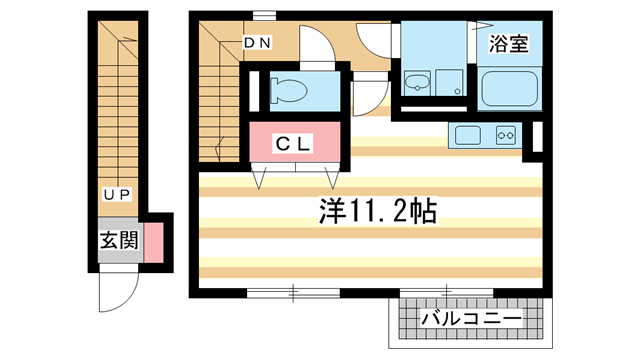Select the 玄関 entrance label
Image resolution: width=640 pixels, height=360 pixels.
tap(118, 241)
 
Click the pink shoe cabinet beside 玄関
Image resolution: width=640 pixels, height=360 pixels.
tap(153, 243)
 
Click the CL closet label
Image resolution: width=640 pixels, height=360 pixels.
tap(296, 143)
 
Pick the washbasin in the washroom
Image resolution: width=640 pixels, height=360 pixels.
tap(416, 82)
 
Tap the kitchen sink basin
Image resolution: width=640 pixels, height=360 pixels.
tap(467, 135)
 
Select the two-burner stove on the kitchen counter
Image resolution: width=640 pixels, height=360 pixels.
tap(503, 135)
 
